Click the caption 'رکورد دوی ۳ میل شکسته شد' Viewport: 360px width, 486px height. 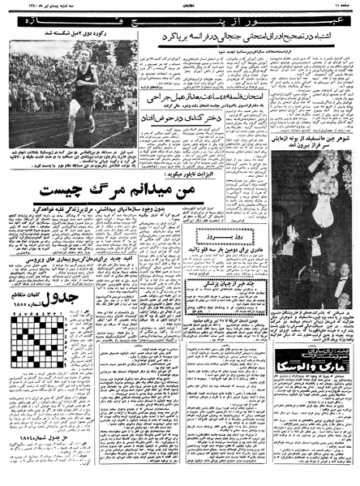click(78, 35)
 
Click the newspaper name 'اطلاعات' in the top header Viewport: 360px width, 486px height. click(180, 6)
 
